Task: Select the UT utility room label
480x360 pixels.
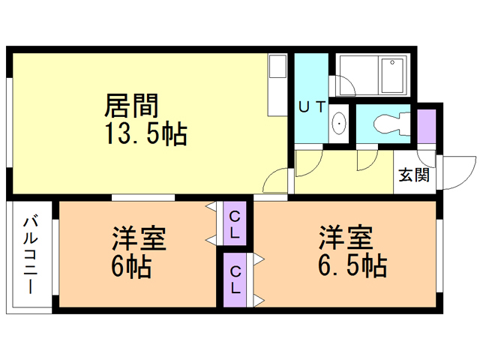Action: pyautogui.click(x=311, y=106)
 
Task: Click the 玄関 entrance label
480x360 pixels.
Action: pyautogui.click(x=414, y=175)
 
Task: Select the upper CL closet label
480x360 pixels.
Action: pyautogui.click(x=235, y=223)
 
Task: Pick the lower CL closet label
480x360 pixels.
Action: pyautogui.click(x=235, y=278)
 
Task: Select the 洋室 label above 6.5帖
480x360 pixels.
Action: pyautogui.click(x=346, y=238)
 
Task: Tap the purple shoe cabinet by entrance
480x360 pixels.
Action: pyautogui.click(x=426, y=127)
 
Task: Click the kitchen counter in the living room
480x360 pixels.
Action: pyautogui.click(x=278, y=83)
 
